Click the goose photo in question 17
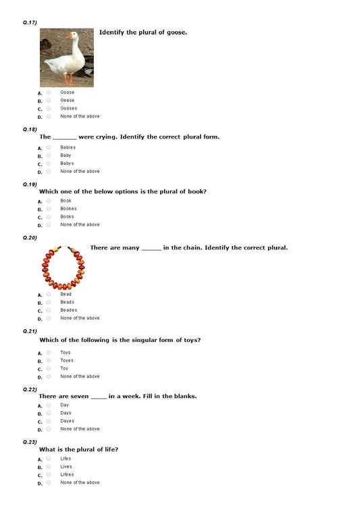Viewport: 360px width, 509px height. [x=66, y=57]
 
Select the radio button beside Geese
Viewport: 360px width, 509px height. [x=49, y=100]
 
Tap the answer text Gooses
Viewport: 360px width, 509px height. [x=68, y=108]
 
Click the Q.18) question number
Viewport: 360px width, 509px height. [x=30, y=128]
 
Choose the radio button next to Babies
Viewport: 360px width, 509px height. [x=49, y=147]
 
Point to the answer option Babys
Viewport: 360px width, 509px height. [x=67, y=164]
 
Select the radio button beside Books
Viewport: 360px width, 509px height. [x=49, y=217]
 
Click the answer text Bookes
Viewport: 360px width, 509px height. [x=68, y=209]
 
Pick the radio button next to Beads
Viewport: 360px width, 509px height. [x=49, y=302]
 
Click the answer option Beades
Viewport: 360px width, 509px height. [x=68, y=310]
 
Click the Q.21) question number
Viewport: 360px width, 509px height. [x=30, y=331]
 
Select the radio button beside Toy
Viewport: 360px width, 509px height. [x=49, y=368]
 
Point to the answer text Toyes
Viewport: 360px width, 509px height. [x=67, y=360]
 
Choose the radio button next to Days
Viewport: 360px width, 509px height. [x=49, y=413]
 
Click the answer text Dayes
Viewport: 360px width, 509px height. [x=67, y=421]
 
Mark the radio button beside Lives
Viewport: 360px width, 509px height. [x=49, y=466]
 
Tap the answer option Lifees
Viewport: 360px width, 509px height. [x=67, y=475]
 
